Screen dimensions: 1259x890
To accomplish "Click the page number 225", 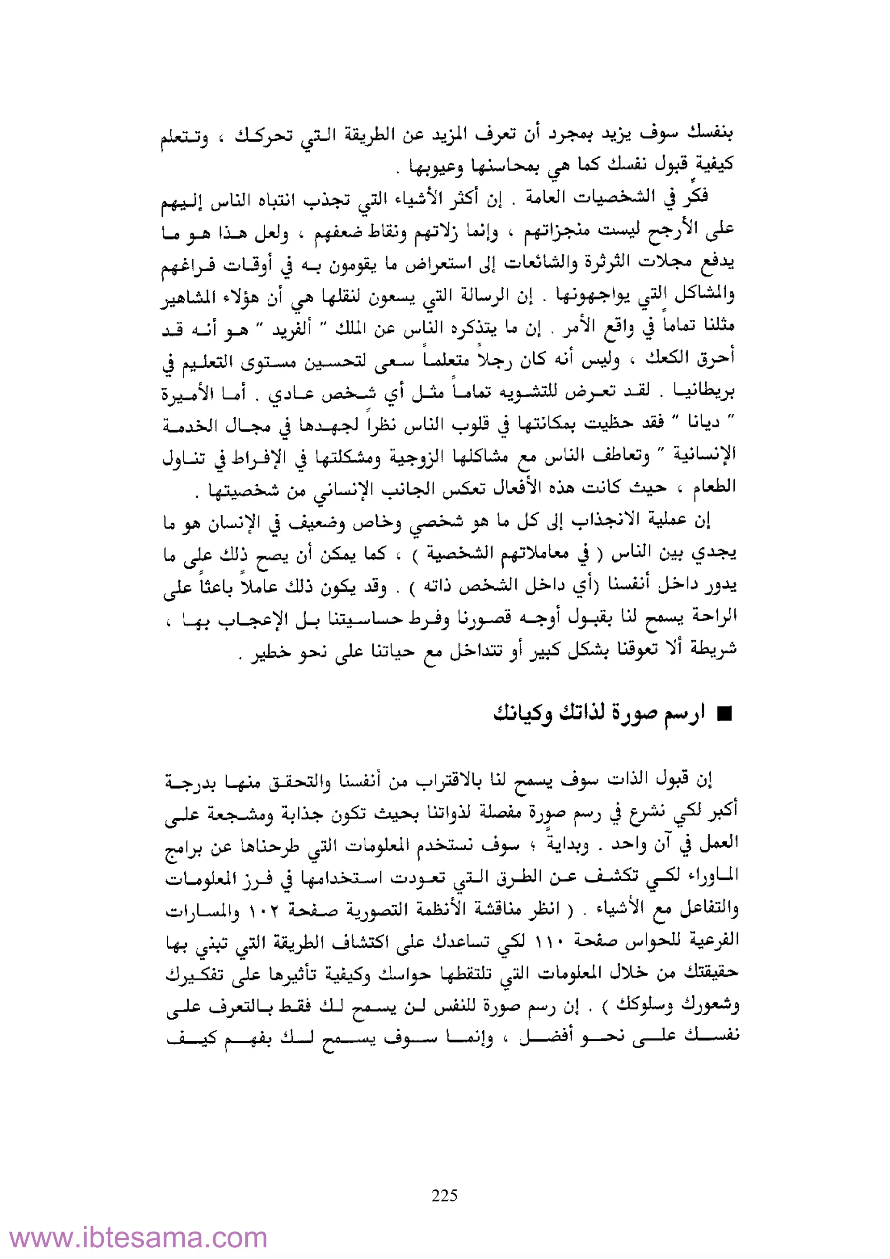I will click(445, 1195).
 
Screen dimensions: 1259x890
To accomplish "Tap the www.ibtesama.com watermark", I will click(138, 1238).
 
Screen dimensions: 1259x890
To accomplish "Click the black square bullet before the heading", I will click(724, 714).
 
